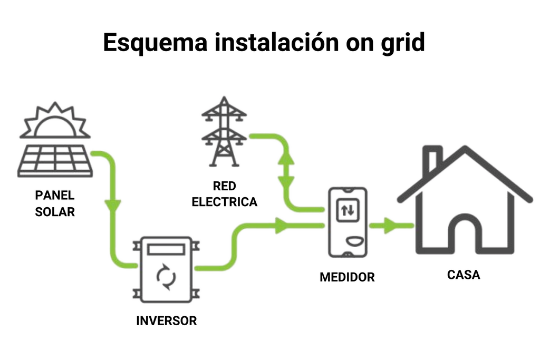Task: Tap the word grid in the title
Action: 402,43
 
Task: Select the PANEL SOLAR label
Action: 55,204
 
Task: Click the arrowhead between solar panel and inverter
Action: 113,205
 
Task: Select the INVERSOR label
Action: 166,320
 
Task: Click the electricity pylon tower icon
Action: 224,131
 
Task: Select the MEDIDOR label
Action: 347,277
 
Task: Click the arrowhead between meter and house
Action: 390,226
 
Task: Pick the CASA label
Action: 464,275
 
